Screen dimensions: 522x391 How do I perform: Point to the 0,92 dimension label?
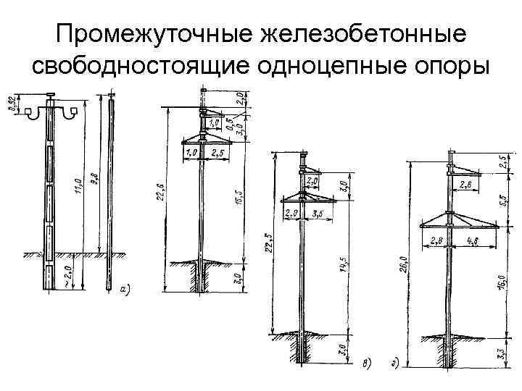pyautogui.click(x=12, y=105)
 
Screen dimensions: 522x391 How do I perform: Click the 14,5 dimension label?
pyautogui.click(x=342, y=269)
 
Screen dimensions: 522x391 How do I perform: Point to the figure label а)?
pyautogui.click(x=125, y=289)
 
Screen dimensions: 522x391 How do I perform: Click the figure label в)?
pyautogui.click(x=366, y=363)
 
